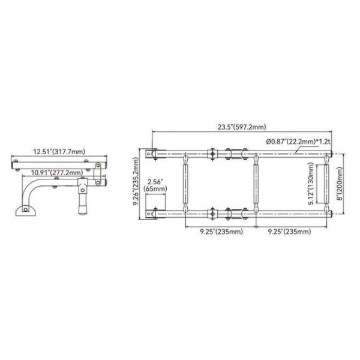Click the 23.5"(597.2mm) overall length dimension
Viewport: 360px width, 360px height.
pos(242,127)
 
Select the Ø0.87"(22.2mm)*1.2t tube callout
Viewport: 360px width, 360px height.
pos(298,142)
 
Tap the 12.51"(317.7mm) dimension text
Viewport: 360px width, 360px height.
pos(59,152)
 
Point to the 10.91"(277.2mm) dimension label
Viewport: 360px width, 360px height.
pos(57,172)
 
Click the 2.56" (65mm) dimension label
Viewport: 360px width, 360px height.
pos(155,185)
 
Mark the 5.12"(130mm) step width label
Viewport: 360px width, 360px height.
pos(310,184)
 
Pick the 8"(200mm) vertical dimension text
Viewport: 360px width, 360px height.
pos(340,184)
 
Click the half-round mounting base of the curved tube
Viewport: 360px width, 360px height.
pos(26,211)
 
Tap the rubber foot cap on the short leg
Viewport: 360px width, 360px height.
pos(82,210)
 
